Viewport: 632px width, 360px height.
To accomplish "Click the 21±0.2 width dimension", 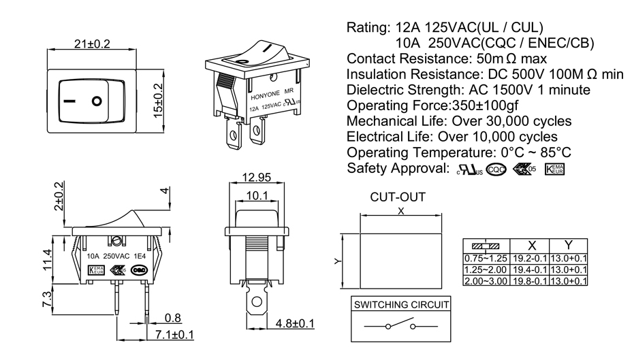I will (x=92, y=44).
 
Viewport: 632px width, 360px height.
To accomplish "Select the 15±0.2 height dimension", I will (x=159, y=99).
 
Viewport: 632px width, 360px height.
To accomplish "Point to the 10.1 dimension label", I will (x=256, y=196).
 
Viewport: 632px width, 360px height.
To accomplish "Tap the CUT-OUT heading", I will (x=398, y=197).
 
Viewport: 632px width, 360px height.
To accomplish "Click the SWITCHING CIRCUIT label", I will (x=400, y=304).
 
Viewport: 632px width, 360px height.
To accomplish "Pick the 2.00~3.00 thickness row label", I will (x=486, y=281).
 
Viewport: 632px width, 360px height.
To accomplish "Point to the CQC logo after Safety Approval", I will (x=496, y=168).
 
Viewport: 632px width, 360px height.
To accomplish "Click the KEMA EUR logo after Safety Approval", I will (x=554, y=168).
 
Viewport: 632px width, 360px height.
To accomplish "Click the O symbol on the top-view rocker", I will (x=98, y=102).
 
